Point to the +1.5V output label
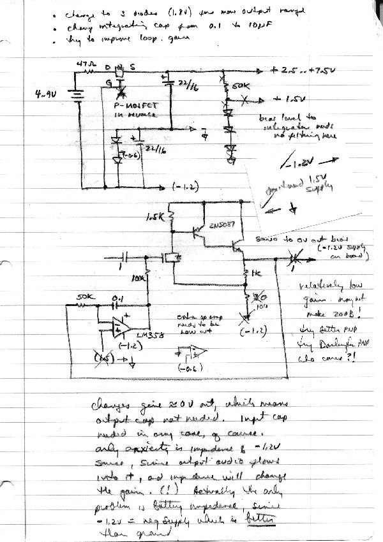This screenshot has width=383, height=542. [x=285, y=100]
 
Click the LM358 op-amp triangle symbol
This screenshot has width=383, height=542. [x=116, y=327]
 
